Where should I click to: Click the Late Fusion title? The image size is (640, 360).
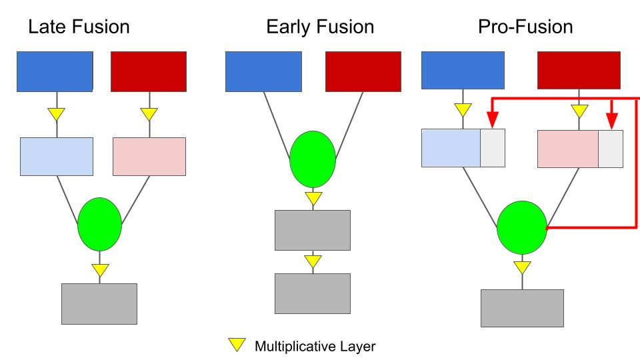pyautogui.click(x=79, y=28)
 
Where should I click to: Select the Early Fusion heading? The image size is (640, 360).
pyautogui.click(x=319, y=28)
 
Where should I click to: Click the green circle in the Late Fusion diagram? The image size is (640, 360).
pyautogui.click(x=100, y=224)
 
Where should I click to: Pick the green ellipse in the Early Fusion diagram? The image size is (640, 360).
pyautogui.click(x=313, y=159)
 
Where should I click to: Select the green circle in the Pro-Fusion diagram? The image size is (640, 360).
pyautogui.click(x=522, y=228)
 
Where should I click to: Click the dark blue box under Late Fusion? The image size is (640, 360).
pyautogui.click(x=55, y=71)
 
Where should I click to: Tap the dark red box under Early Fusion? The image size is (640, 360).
pyautogui.click(x=363, y=71)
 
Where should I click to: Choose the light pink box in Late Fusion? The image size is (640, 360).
pyautogui.click(x=149, y=156)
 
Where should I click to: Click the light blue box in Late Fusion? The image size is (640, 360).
pyautogui.click(x=56, y=156)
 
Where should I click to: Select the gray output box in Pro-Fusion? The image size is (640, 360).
pyautogui.click(x=522, y=308)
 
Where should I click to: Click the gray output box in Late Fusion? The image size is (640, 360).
pyautogui.click(x=99, y=303)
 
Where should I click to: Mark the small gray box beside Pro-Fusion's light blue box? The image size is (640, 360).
pyautogui.click(x=493, y=148)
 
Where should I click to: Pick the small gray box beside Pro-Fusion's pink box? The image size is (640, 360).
pyautogui.click(x=611, y=148)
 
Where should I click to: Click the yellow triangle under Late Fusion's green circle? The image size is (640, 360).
pyautogui.click(x=100, y=270)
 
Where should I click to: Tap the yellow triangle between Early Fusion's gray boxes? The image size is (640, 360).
pyautogui.click(x=313, y=261)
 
